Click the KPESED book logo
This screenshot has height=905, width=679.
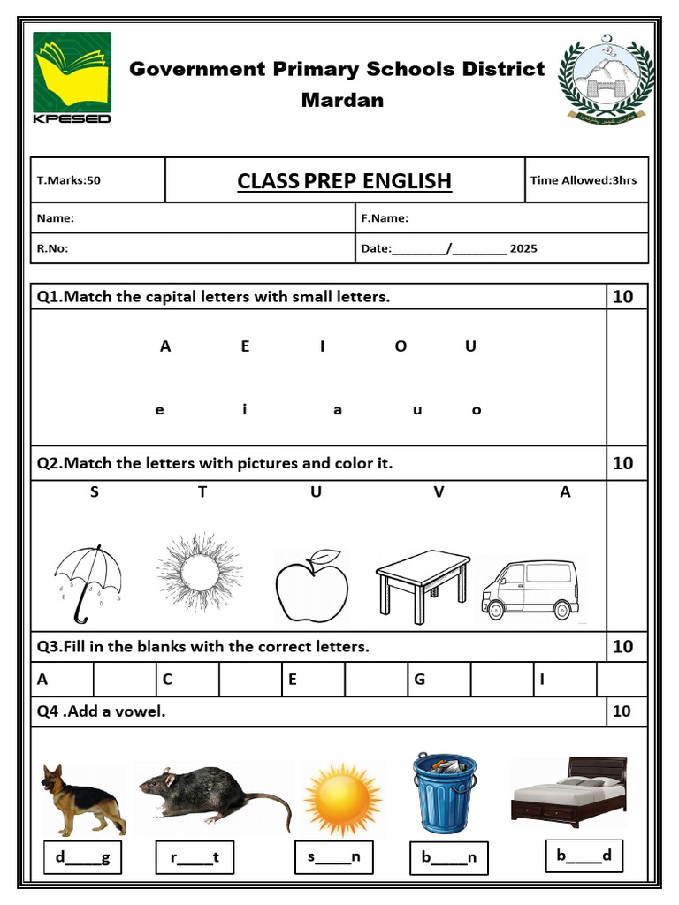[72, 78]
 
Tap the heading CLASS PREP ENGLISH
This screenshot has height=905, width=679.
[344, 181]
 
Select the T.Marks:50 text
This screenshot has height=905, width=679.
[69, 180]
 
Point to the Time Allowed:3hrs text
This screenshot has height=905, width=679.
[583, 180]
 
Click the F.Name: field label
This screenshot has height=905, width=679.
[385, 218]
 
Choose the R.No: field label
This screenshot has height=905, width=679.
[52, 248]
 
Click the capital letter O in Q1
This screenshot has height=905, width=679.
[401, 346]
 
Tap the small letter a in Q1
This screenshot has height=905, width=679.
[338, 410]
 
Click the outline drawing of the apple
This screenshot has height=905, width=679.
[311, 586]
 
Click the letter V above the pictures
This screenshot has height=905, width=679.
[439, 492]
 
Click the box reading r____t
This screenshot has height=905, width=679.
[195, 856]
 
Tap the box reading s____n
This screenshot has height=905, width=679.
[334, 856]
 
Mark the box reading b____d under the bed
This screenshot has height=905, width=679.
[584, 856]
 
